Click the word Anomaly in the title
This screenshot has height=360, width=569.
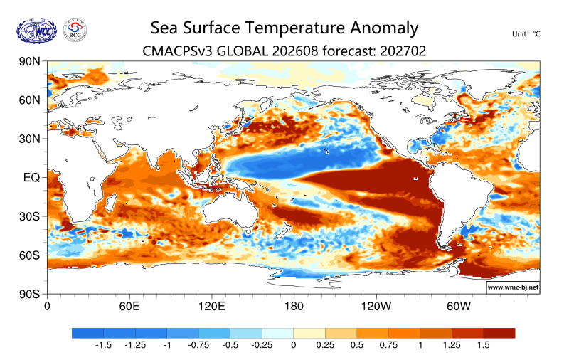(x=384, y=28)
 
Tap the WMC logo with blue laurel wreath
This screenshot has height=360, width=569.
(x=37, y=31)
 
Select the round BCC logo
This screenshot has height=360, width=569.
(x=75, y=31)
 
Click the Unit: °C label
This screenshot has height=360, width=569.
(x=526, y=33)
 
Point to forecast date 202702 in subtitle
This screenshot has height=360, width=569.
(x=403, y=51)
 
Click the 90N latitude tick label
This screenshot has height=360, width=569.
(x=29, y=61)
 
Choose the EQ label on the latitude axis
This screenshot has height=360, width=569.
(x=31, y=177)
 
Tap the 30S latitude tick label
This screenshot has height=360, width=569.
(x=29, y=216)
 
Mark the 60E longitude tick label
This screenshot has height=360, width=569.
(x=129, y=307)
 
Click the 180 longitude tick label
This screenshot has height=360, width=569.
(x=294, y=307)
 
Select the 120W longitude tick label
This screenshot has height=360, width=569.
(x=376, y=307)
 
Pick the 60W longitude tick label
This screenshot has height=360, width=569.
(x=458, y=307)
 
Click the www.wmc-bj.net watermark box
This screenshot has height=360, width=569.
(x=513, y=287)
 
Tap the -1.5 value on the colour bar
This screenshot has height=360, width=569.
(x=103, y=345)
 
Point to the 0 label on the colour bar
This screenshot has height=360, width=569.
(x=294, y=345)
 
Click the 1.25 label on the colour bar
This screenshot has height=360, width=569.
(x=452, y=345)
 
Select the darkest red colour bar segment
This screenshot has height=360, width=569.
(x=499, y=333)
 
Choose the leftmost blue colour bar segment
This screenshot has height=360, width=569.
(x=87, y=333)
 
